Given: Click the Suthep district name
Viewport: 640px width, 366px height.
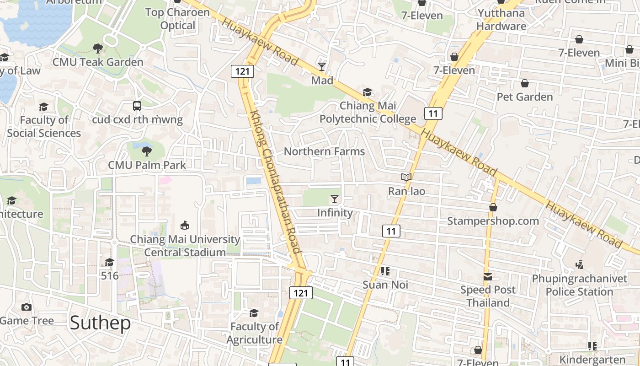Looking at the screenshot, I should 100,323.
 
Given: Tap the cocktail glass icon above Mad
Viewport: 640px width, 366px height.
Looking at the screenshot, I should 322,67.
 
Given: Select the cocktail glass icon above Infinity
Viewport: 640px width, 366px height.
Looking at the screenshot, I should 335,199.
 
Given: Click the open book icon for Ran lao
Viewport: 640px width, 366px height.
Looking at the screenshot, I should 406,177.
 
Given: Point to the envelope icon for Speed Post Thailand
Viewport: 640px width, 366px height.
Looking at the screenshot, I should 488,277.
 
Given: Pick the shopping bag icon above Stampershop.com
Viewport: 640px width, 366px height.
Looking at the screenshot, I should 493,207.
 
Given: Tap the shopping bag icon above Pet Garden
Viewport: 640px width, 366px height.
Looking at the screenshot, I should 525,83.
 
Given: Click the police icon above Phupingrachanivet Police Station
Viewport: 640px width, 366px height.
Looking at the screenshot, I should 580,264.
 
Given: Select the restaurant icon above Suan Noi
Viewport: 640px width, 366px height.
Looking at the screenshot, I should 385,271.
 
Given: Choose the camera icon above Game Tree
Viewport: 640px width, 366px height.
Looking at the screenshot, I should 27,307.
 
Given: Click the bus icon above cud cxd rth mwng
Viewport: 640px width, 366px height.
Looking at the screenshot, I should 137,106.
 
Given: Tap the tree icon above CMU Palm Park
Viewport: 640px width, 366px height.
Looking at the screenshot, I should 147,151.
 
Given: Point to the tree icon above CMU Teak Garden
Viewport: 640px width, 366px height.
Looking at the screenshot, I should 98,48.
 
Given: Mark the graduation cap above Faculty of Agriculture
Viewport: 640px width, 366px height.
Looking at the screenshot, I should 254,313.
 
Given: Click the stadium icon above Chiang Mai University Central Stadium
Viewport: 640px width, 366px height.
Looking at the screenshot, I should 185,225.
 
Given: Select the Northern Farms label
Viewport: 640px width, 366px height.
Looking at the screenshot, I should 325,151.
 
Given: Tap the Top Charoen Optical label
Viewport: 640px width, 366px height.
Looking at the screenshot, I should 178,19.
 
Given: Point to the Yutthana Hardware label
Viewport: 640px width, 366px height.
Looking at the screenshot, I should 501,19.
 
